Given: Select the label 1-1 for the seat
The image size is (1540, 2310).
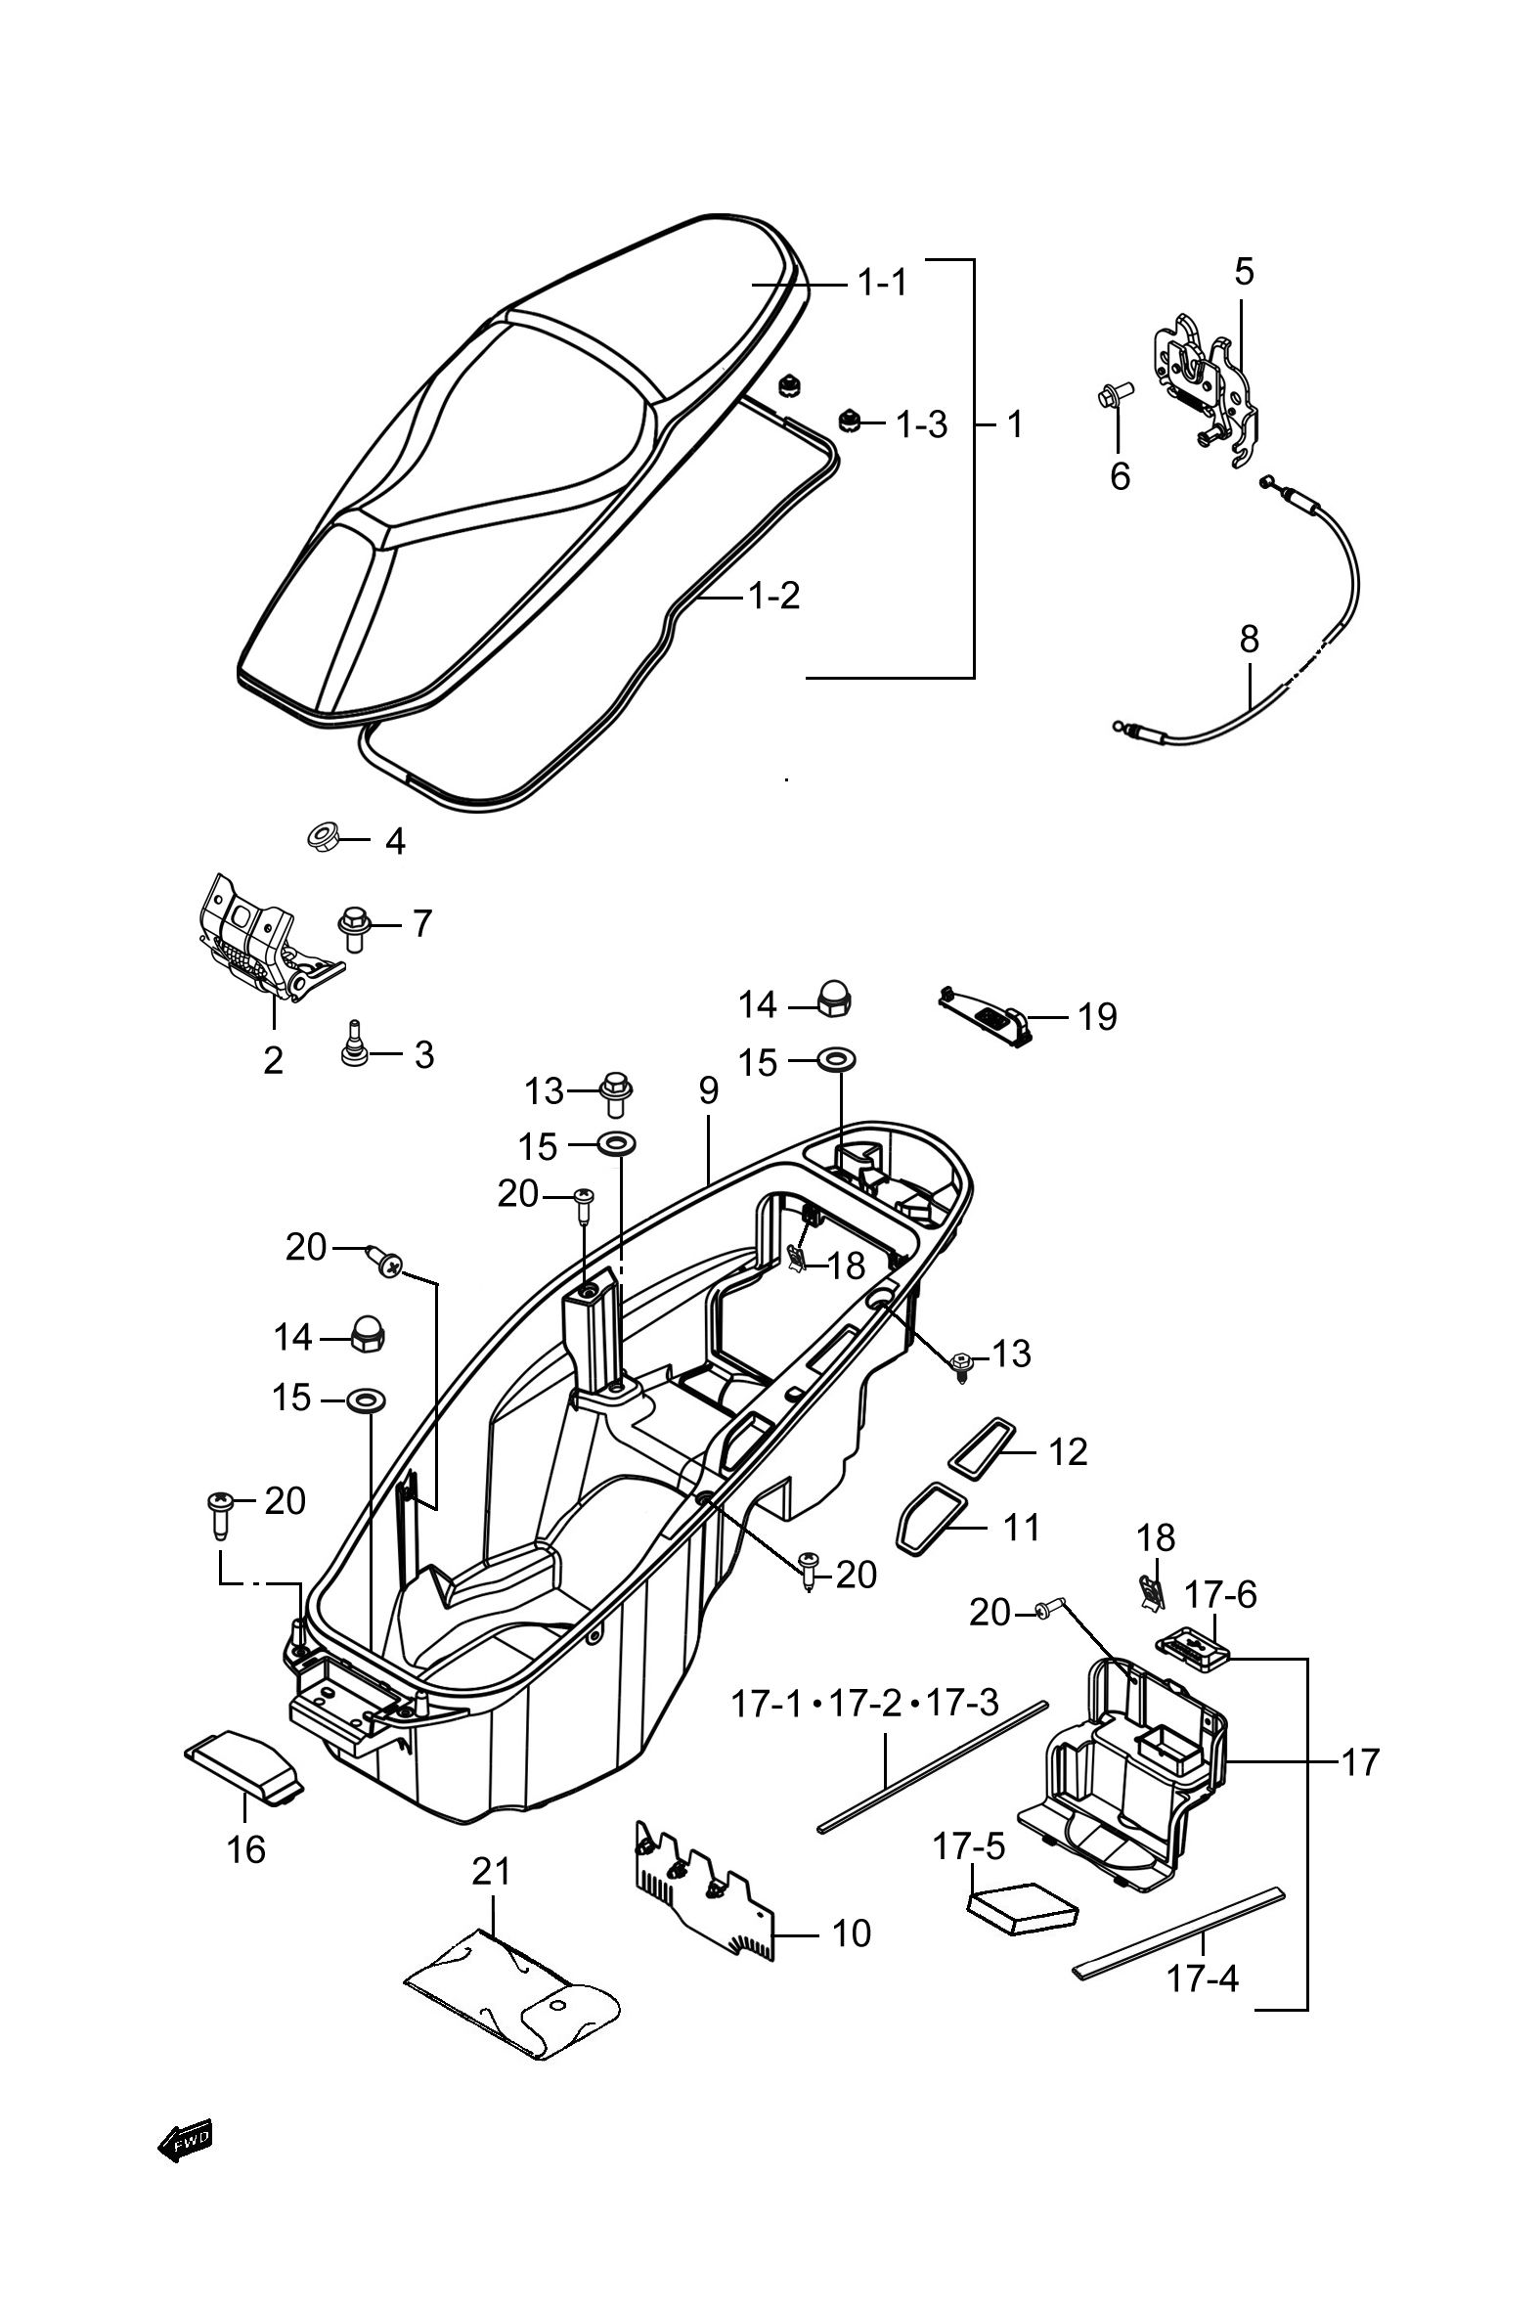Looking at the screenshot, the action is click(x=883, y=284).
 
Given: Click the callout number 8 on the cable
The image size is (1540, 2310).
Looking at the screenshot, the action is click(x=1250, y=640).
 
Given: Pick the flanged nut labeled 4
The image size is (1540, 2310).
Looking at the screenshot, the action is click(x=320, y=838).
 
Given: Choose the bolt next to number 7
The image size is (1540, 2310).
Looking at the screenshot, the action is click(x=354, y=928).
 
